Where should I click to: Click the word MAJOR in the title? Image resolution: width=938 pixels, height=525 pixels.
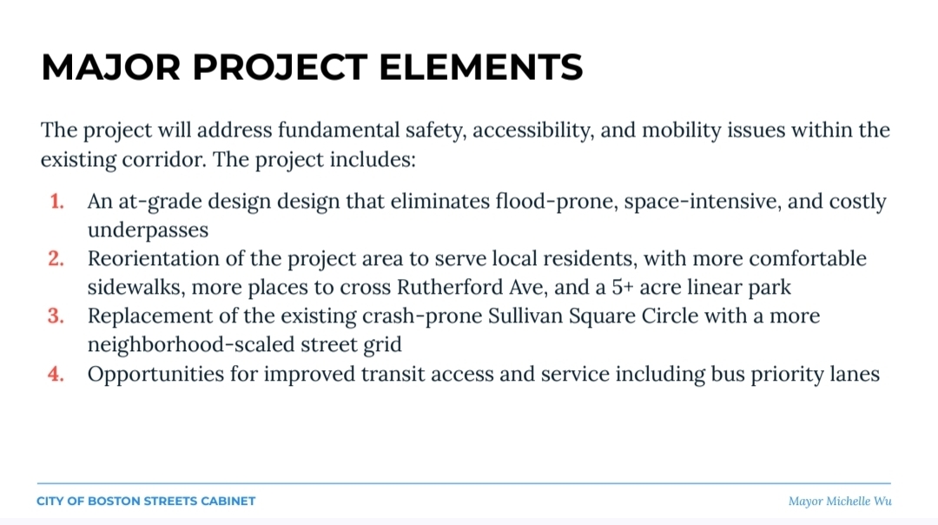point(110,66)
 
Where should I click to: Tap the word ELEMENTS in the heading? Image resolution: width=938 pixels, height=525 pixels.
point(481,66)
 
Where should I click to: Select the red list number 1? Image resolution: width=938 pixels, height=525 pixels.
point(56,201)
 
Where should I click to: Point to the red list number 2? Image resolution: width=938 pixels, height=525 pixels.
point(56,259)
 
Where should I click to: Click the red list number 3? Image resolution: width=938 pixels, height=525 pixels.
point(56,316)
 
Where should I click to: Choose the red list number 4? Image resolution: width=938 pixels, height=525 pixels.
point(56,374)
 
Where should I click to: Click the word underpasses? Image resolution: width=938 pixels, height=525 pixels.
point(148,230)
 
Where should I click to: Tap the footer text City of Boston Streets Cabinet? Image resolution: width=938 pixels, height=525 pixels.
point(146,501)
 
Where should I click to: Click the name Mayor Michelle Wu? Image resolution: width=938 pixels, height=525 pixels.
point(840,501)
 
